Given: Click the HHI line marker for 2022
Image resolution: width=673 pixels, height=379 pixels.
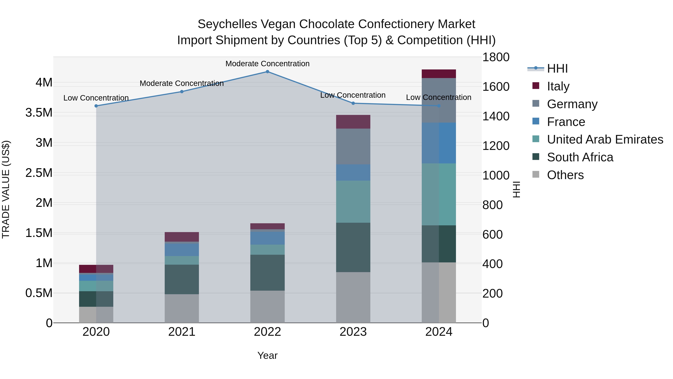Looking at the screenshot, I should (x=267, y=71).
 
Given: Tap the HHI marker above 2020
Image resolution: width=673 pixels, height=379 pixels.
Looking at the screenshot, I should (x=96, y=106).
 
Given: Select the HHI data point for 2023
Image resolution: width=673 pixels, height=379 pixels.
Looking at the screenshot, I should (x=353, y=103).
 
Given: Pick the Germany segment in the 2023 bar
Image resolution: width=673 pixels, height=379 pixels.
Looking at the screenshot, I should (x=353, y=147).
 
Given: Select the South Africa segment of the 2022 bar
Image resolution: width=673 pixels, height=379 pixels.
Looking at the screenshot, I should (x=267, y=273).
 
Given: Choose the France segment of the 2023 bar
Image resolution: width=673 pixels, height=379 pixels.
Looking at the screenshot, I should (x=353, y=172).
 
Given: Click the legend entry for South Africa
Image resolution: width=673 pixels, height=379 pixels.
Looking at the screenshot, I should (x=580, y=157).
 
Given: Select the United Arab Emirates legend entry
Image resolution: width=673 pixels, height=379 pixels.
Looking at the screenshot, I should (x=605, y=139).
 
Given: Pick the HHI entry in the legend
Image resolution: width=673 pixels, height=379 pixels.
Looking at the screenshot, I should (x=557, y=69).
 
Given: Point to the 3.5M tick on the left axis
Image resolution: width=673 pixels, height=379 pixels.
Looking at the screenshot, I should (x=39, y=113).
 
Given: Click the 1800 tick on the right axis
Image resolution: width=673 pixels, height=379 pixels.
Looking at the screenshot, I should (x=496, y=57).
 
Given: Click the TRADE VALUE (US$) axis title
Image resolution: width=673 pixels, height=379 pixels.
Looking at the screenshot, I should (x=6, y=189).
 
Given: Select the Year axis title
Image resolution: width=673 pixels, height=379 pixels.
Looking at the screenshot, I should (x=267, y=355).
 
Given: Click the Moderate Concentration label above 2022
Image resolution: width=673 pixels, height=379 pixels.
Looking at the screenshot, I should (x=267, y=64).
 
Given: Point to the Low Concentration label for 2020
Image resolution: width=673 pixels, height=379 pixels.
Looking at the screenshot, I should (x=96, y=98).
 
